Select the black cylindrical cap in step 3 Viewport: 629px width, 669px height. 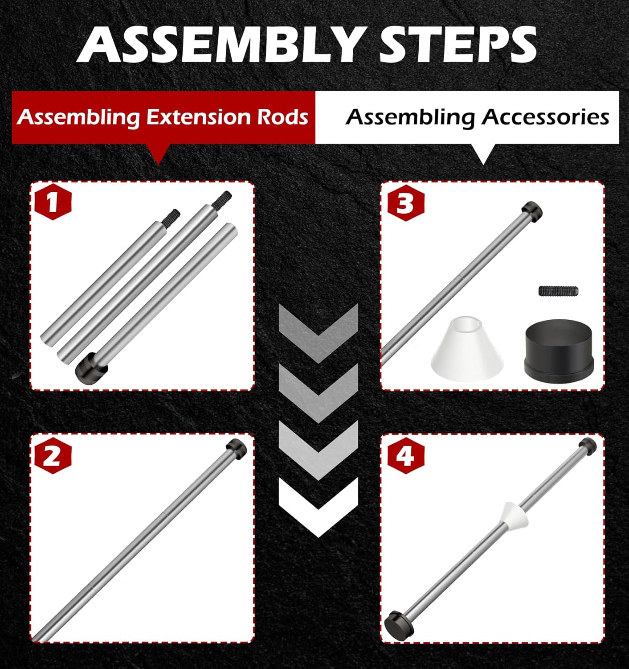[x=559, y=352]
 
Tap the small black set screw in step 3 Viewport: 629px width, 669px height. [x=558, y=291]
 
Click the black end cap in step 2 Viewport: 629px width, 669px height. [x=237, y=447]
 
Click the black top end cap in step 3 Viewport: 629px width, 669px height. [x=532, y=210]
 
